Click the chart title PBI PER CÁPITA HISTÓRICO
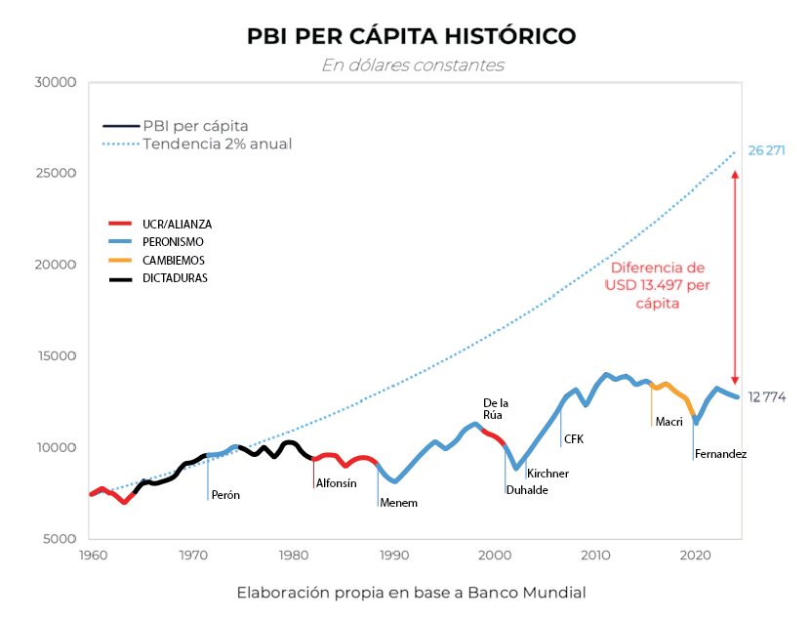[x=411, y=37]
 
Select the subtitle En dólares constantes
[x=412, y=65]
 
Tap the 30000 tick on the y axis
[x=57, y=82]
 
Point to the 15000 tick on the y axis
[x=57, y=356]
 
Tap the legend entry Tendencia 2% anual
[x=217, y=144]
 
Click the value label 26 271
[x=767, y=151]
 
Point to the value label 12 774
[x=767, y=397]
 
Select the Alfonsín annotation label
[x=336, y=483]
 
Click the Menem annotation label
[x=398, y=503]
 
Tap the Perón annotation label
[x=225, y=495]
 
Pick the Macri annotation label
[x=669, y=422]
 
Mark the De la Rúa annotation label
[x=497, y=408]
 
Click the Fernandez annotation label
[x=721, y=454]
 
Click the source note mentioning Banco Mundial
[x=411, y=593]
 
